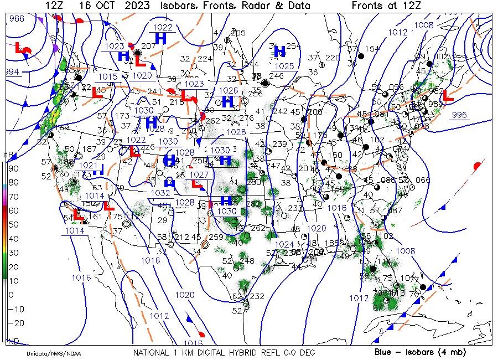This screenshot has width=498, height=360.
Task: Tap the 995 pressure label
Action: (x=459, y=115)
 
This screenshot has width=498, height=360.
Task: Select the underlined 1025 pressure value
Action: (x=284, y=66)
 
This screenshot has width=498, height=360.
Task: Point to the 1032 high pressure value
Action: (x=160, y=193)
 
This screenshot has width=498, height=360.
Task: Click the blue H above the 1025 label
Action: (x=279, y=52)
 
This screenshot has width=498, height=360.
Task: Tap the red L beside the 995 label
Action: (x=448, y=95)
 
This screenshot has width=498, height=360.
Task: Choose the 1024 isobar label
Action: (x=284, y=244)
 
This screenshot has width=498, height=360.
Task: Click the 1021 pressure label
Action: (x=87, y=165)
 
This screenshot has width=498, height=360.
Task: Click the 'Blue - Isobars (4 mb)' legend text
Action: (x=420, y=352)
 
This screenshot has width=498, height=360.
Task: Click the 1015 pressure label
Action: (x=108, y=76)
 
